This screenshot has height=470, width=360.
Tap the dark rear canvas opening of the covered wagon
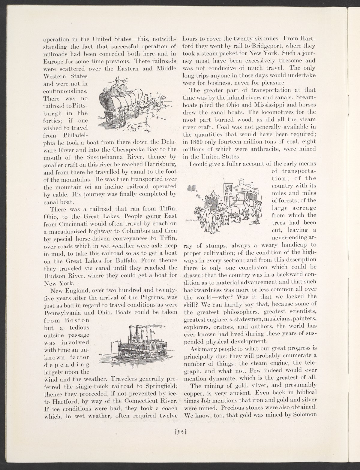click(107, 102)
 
